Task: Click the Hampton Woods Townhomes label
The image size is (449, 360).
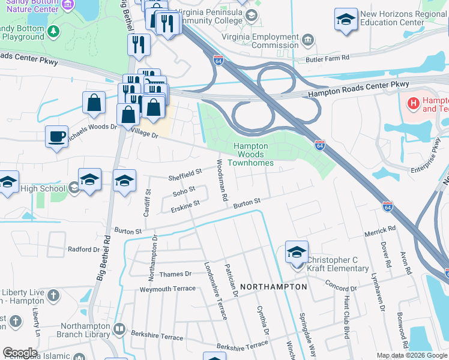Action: pyautogui.click(x=254, y=154)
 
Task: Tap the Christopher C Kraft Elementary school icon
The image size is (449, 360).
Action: pyautogui.click(x=297, y=253)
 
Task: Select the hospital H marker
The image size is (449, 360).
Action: pyautogui.click(x=413, y=104)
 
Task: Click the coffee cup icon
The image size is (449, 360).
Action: pyautogui.click(x=56, y=136)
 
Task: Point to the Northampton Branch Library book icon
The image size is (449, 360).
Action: pyautogui.click(x=120, y=329)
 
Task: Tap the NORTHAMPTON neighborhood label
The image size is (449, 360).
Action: pyautogui.click(x=274, y=287)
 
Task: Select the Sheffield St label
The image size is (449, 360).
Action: pyautogui.click(x=184, y=174)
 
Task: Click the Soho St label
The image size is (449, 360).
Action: pyautogui.click(x=184, y=192)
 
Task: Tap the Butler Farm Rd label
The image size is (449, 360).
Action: pyautogui.click(x=327, y=58)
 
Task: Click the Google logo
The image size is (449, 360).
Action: pyautogui.click(x=20, y=353)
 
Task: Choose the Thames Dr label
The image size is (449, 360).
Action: pyautogui.click(x=175, y=274)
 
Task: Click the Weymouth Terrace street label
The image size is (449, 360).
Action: pyautogui.click(x=167, y=289)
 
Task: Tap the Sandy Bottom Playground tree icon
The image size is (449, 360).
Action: pyautogui.click(x=53, y=31)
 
